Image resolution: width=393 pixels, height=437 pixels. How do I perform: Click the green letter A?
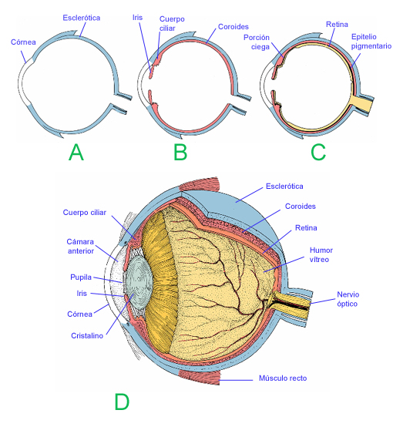pyautogui.click(x=76, y=152)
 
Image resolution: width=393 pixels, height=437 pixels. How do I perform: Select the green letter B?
pyautogui.click(x=180, y=152)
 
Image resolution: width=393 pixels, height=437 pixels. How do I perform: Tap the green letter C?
pyautogui.click(x=317, y=152)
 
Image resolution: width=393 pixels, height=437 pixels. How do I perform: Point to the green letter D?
pyautogui.click(x=121, y=402)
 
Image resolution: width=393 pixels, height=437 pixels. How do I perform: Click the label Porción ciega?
pyautogui.click(x=256, y=41)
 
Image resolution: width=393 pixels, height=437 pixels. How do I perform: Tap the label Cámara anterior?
pyautogui.click(x=80, y=246)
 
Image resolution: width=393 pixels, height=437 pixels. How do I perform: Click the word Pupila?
pyautogui.click(x=81, y=276)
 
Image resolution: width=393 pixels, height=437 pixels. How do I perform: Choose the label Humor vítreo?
pyautogui.click(x=321, y=255)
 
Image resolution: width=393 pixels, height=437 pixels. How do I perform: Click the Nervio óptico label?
pyautogui.click(x=352, y=299)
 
